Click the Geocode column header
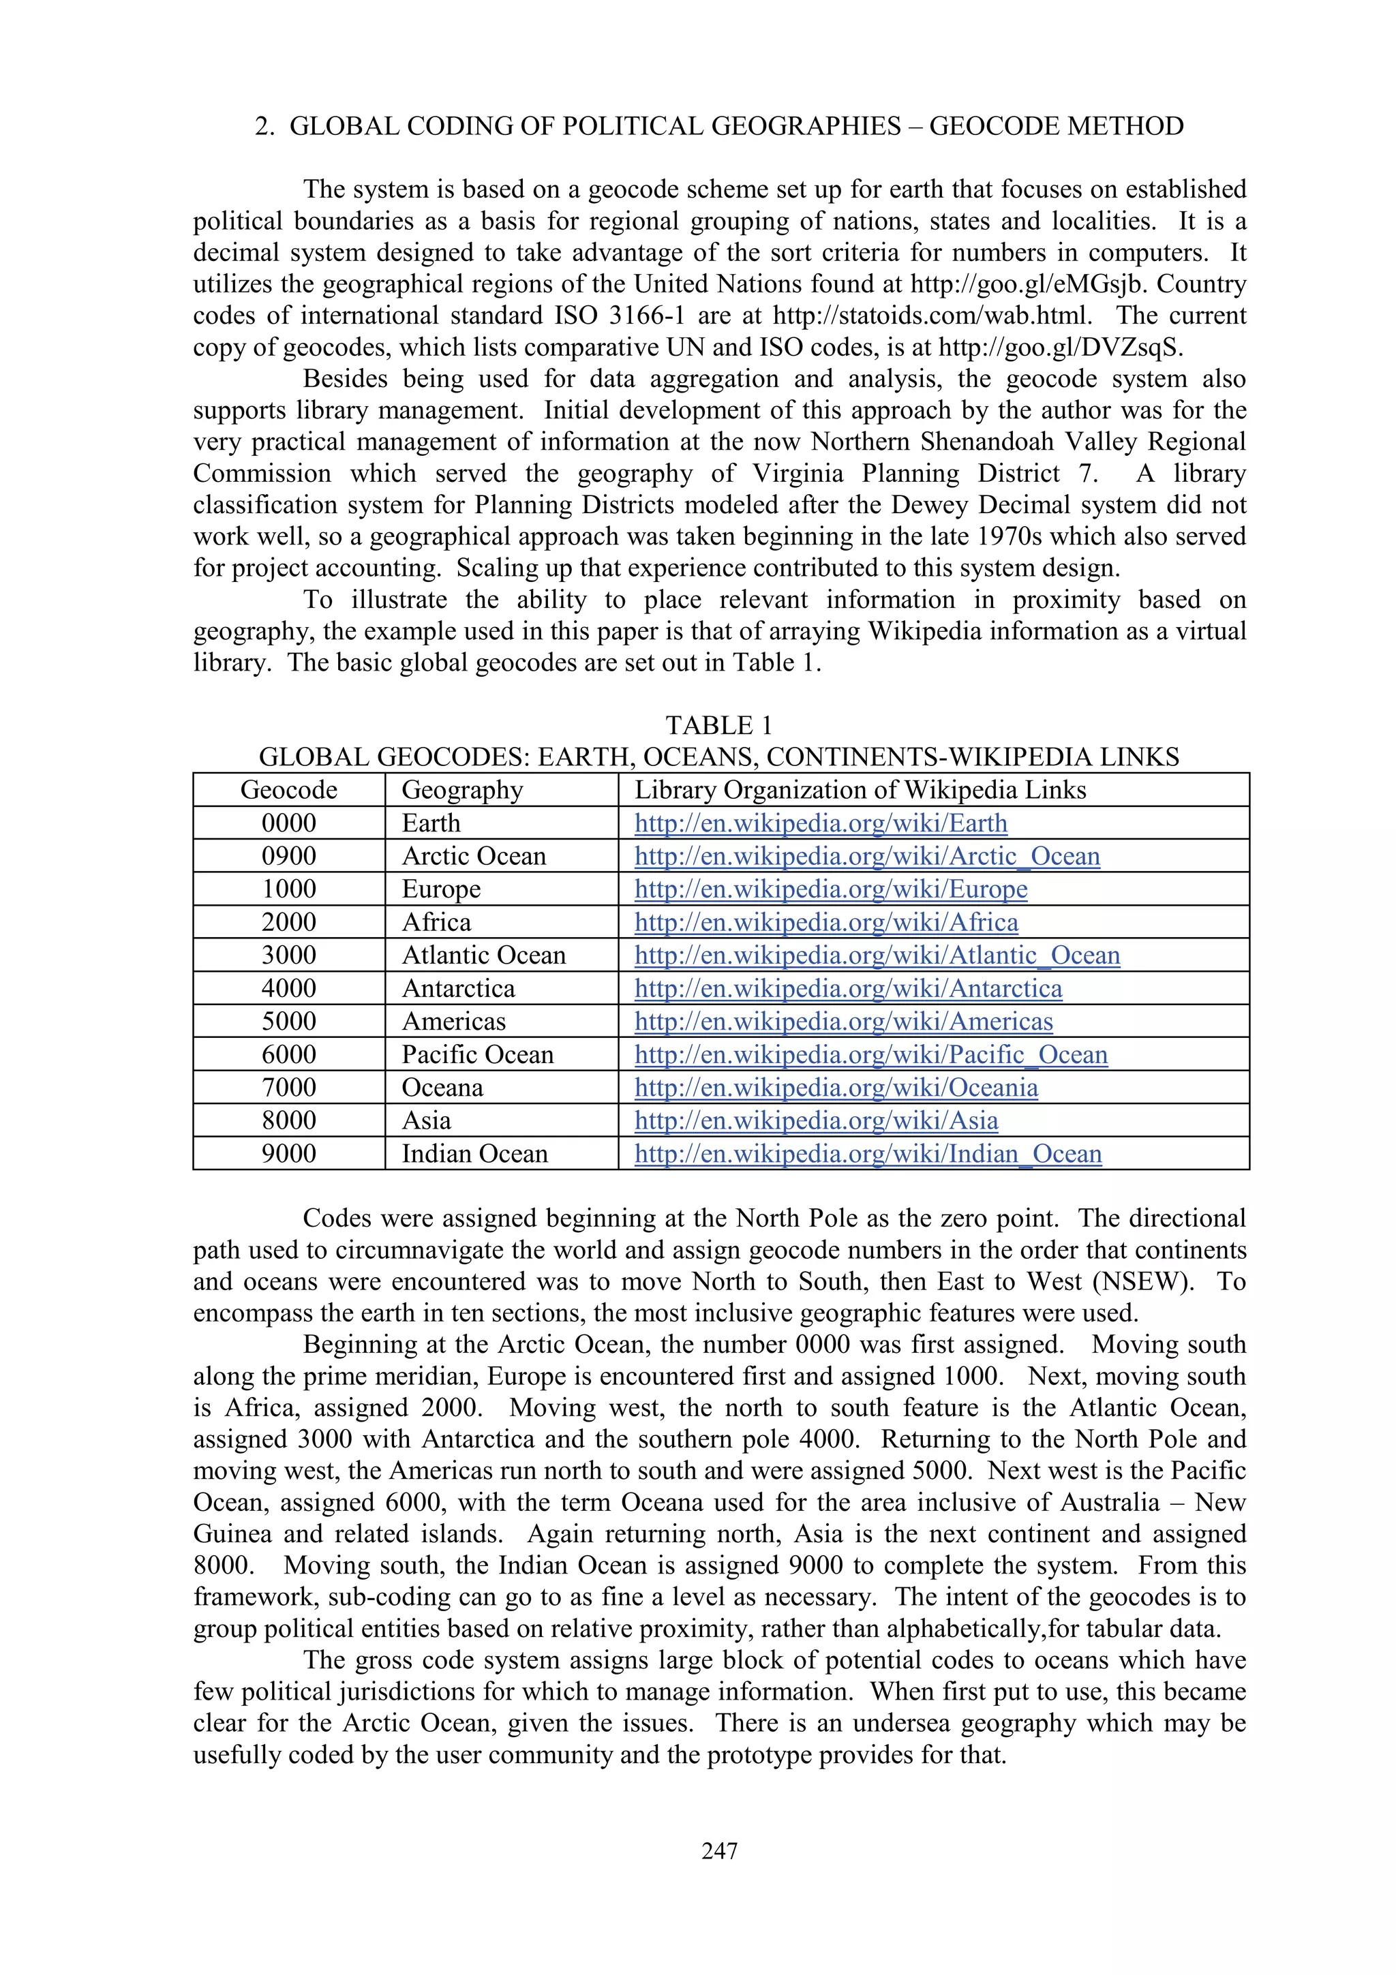coord(288,790)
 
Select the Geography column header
coord(462,790)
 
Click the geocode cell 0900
coord(288,856)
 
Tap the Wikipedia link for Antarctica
coord(848,988)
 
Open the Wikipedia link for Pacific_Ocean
coord(870,1054)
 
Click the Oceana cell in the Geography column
coord(442,1087)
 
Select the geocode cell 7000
coord(288,1087)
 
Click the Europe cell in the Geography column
coord(440,889)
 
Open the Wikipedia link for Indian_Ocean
coord(868,1154)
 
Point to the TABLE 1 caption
coord(719,725)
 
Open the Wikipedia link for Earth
coord(821,823)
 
